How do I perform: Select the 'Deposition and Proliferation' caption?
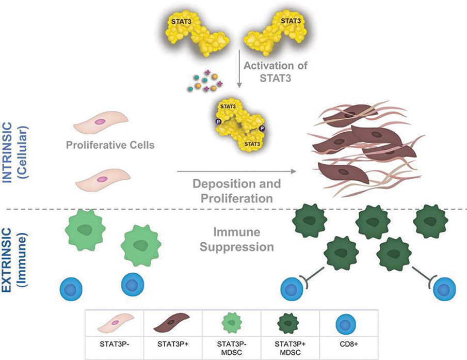[237, 191]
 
